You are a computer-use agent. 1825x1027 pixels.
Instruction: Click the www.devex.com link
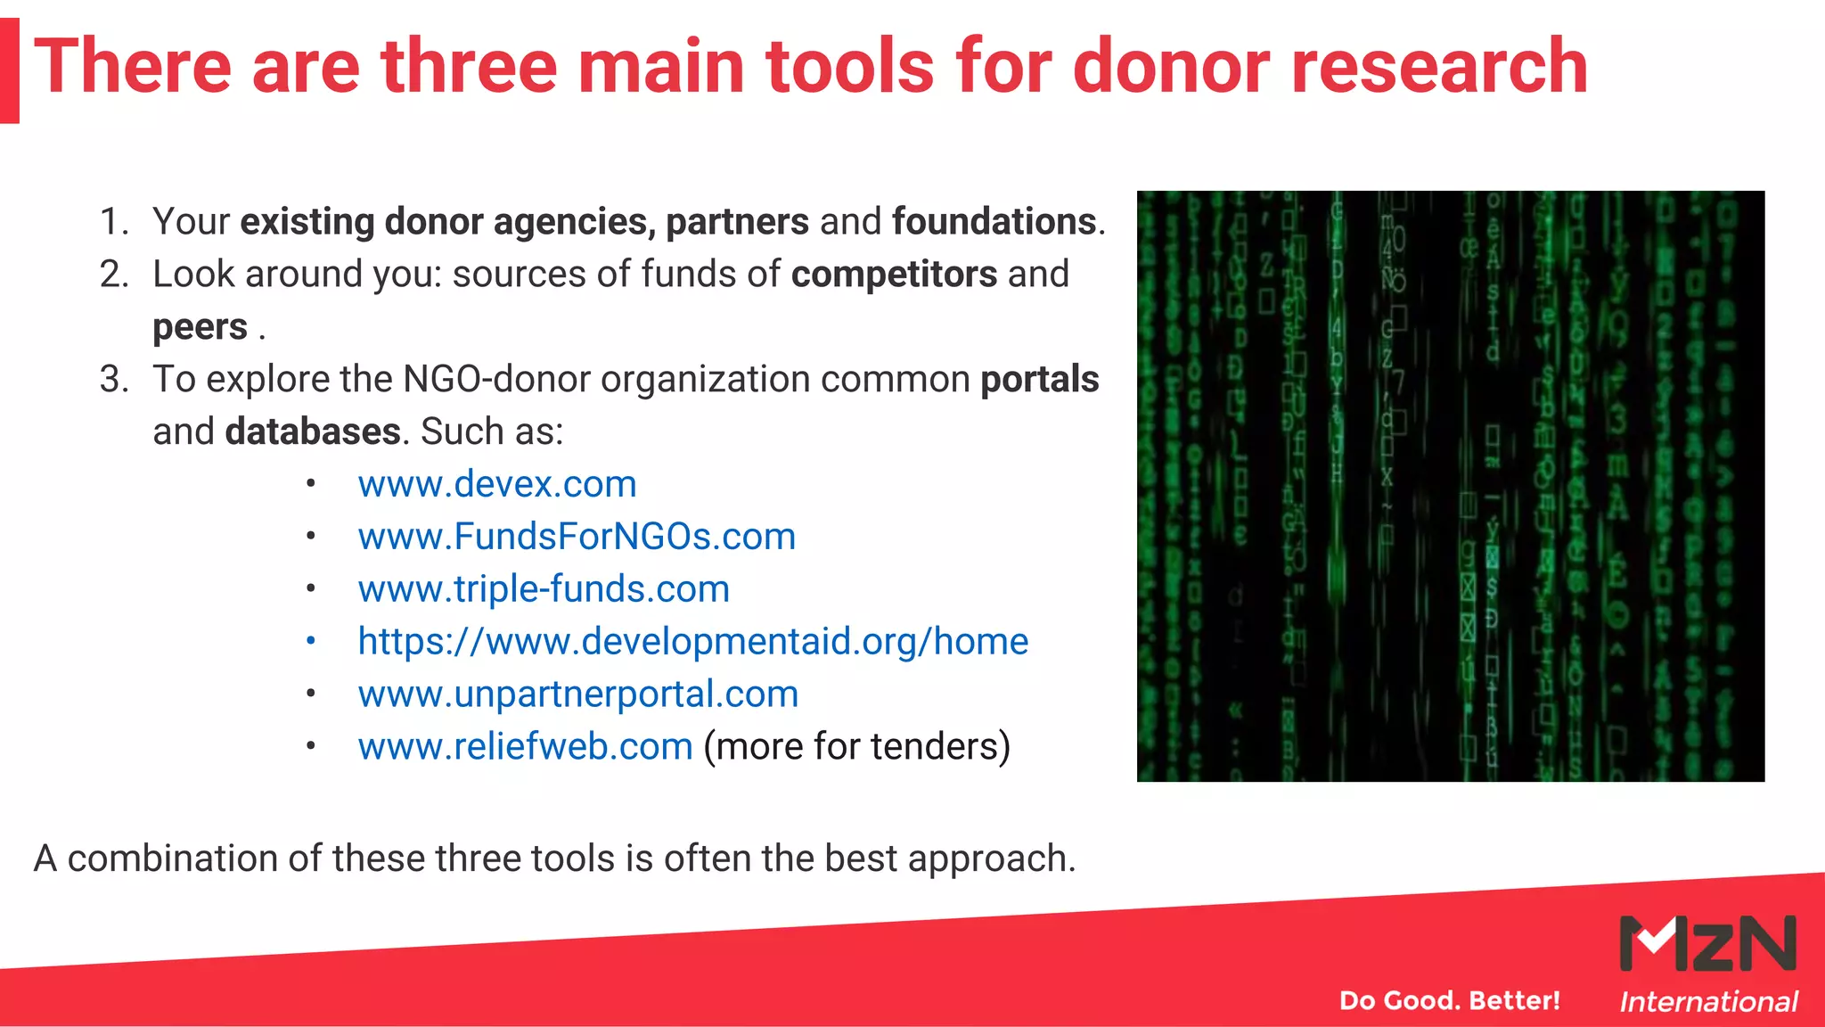(497, 484)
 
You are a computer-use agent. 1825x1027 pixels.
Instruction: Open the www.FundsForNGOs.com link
(577, 537)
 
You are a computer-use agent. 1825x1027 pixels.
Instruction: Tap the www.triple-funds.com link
(544, 589)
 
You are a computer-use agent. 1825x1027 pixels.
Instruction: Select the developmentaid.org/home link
(693, 642)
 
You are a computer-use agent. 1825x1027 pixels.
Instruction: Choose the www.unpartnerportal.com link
(578, 694)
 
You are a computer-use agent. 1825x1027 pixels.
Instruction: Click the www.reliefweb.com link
(525, 747)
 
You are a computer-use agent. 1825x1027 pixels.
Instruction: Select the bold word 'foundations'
(994, 222)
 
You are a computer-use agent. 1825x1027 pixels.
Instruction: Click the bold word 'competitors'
(894, 275)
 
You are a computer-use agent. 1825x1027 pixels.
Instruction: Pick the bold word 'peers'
(200, 327)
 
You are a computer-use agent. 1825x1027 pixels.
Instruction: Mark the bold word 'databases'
(312, 432)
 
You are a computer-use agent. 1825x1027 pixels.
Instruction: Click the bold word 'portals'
(1039, 380)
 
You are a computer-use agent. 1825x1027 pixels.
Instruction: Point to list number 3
(113, 380)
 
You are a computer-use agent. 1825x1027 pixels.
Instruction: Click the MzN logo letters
(1707, 943)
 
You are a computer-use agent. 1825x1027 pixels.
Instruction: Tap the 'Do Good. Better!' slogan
(1449, 1000)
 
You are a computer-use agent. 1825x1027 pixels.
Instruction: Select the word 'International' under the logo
(1707, 1002)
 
